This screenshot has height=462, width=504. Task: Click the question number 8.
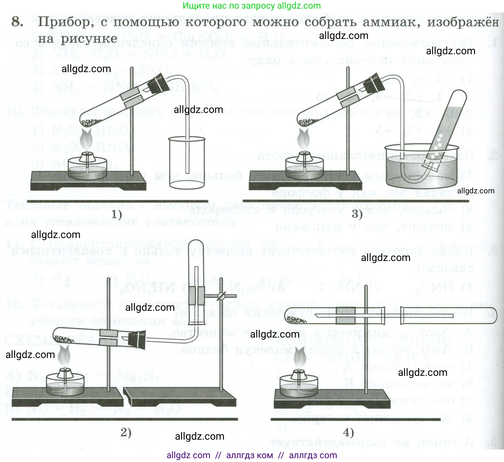tap(18, 22)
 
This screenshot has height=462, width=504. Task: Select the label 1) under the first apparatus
tap(117, 214)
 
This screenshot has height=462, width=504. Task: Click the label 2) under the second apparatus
tap(126, 432)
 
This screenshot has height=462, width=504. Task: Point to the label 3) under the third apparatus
tap(357, 214)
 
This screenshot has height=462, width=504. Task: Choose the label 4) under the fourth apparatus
tap(349, 432)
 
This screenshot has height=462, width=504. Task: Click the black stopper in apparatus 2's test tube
tap(137, 340)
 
